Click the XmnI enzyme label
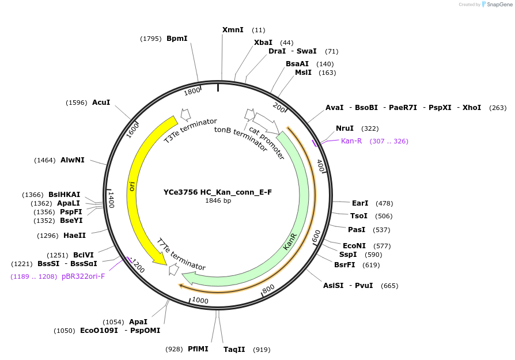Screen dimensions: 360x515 tap(233, 30)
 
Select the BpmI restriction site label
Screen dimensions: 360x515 tap(177, 39)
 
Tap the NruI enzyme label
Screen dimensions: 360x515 tap(344, 128)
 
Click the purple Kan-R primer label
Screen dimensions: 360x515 tap(351, 141)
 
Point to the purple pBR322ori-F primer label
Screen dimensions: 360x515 tap(83, 276)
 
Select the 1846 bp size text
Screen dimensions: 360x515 tap(218, 201)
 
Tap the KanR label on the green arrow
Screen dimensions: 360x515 tap(290, 241)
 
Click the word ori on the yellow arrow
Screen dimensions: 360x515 tap(132, 186)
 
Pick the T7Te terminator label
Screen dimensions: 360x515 tap(181, 254)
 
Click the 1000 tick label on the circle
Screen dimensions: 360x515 tap(200, 300)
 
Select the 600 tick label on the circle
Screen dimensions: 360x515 tap(316, 236)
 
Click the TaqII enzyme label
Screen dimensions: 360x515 tap(234, 350)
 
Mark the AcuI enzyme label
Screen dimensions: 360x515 tap(101, 103)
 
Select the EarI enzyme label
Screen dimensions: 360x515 tap(360, 203)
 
